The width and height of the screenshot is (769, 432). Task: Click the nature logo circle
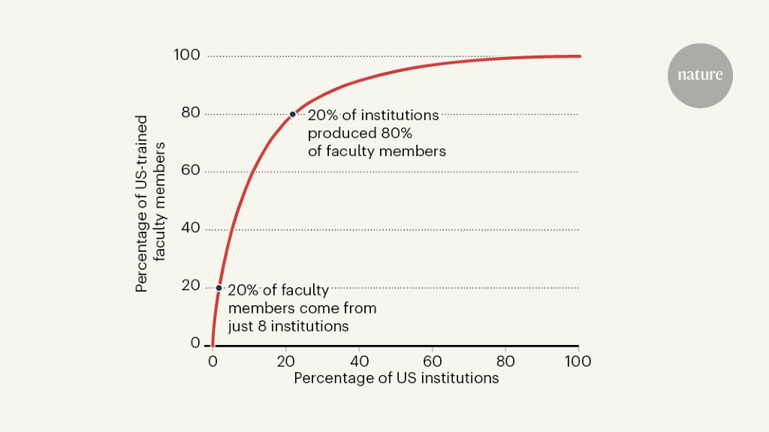click(700, 75)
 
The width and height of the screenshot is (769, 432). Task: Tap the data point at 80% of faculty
click(293, 114)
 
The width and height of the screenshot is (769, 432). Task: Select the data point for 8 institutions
click(219, 288)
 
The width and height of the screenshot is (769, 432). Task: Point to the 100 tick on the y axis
click(187, 55)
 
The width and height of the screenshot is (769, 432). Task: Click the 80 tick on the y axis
click(190, 113)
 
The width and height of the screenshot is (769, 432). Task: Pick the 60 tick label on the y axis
click(190, 171)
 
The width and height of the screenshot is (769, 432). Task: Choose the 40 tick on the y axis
click(190, 228)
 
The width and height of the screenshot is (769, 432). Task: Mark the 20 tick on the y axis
click(190, 286)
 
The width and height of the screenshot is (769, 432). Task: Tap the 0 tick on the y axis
click(195, 343)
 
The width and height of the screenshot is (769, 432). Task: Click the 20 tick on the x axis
click(285, 361)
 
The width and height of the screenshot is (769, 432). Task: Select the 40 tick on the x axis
click(358, 361)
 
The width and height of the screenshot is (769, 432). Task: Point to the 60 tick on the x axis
click(432, 361)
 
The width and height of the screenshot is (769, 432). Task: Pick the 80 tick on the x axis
click(505, 361)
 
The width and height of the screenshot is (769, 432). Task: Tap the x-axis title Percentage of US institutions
click(396, 379)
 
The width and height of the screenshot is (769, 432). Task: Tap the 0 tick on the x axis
click(212, 361)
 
